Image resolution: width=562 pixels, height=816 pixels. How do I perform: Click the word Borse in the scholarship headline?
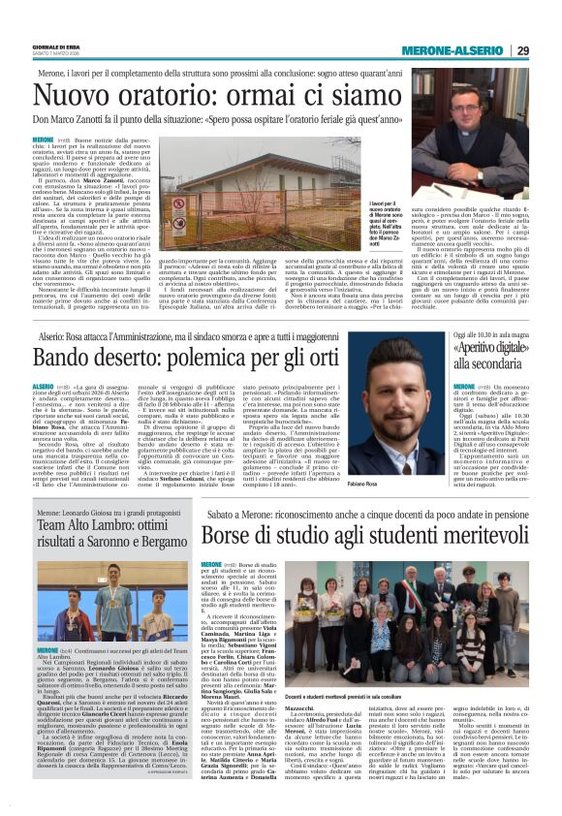(x=233, y=536)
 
